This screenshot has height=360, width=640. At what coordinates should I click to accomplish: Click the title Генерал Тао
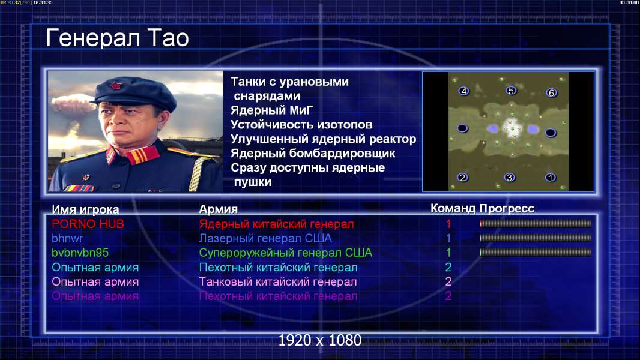tap(117, 38)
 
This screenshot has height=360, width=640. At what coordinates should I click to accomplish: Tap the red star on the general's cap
tap(116, 86)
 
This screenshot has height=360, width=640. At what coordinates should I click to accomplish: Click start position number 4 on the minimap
tap(463, 91)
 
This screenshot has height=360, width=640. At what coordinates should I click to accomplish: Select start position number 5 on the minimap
tap(511, 91)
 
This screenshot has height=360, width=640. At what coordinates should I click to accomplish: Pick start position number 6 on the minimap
tap(551, 93)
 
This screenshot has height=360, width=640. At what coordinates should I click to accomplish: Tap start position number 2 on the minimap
tap(462, 178)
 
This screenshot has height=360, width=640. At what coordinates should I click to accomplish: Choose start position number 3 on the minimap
tap(509, 178)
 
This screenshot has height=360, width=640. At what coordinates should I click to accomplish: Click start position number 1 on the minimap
tap(551, 178)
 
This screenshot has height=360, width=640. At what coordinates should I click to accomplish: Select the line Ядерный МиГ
tap(272, 110)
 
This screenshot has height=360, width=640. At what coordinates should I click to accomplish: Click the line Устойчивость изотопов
tap(301, 124)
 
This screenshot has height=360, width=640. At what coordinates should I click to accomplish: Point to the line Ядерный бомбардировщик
tap(313, 153)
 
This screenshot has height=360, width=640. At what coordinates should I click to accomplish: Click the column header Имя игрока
tap(85, 209)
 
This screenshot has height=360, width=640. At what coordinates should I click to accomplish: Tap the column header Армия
tap(219, 209)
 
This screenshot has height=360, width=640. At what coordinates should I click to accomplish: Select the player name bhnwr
tap(67, 238)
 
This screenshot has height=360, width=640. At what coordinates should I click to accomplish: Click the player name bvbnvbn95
tap(80, 253)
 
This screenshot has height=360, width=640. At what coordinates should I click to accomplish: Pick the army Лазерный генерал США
tap(265, 238)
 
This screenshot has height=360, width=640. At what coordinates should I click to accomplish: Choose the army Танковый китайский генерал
tap(278, 282)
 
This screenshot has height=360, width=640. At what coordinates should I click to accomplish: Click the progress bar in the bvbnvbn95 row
tap(536, 253)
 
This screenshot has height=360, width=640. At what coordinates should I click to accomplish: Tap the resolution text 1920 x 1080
tap(320, 340)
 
